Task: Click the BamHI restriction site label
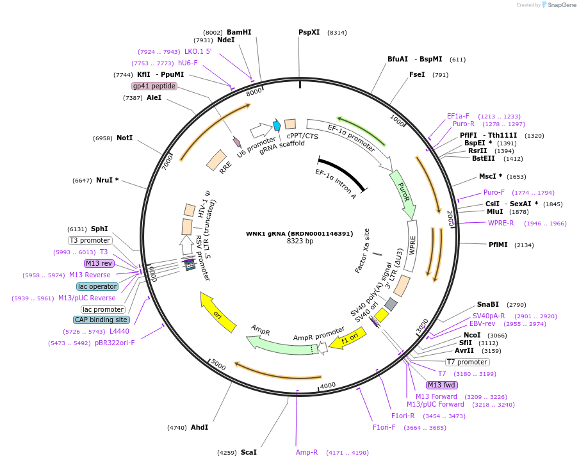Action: click(239, 32)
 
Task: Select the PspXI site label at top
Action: click(309, 32)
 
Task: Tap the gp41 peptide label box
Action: click(154, 86)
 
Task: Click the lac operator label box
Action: click(97, 286)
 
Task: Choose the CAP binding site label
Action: click(101, 320)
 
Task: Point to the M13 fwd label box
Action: click(442, 385)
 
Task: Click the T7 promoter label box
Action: click(468, 362)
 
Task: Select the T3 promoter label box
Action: click(90, 240)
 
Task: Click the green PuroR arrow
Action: click(403, 193)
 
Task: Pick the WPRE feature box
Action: click(412, 247)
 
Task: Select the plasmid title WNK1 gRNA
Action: click(299, 233)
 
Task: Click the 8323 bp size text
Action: click(300, 241)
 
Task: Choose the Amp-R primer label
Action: click(307, 452)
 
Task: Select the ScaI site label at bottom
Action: click(249, 452)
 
